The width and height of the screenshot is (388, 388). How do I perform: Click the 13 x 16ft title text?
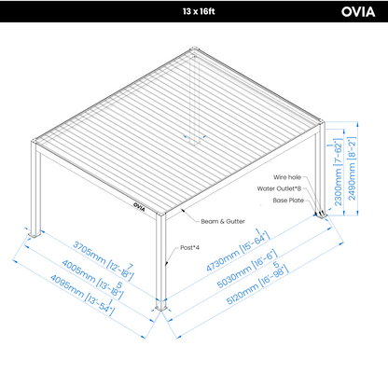199,11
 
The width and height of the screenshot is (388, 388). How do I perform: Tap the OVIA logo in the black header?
358,12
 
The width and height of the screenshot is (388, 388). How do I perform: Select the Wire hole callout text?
287,177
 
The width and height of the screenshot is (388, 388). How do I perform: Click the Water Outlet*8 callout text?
279,188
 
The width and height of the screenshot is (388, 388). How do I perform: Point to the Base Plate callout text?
288,201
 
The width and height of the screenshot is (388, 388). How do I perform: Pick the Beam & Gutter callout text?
223,221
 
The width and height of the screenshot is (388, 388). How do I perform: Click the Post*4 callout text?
190,248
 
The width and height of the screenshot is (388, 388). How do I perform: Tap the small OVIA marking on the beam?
139,207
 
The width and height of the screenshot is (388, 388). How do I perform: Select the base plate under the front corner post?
161,307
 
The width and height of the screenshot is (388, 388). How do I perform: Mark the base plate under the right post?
322,215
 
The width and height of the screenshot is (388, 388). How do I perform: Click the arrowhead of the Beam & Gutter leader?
183,211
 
